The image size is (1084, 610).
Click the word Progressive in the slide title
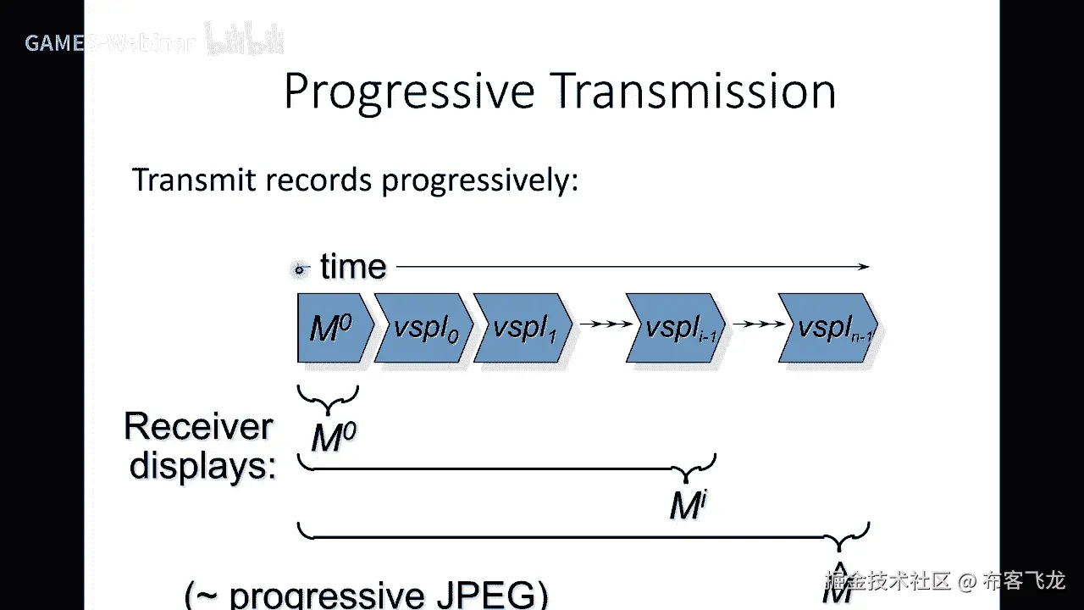click(409, 91)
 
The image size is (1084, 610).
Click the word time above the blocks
click(353, 268)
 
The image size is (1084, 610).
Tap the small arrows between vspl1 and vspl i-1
click(603, 324)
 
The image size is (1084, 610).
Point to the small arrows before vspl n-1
click(755, 324)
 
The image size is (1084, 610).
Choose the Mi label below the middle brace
click(688, 506)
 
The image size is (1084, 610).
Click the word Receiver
click(199, 427)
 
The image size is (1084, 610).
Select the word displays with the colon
click(203, 466)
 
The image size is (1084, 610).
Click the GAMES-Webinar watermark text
click(110, 42)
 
